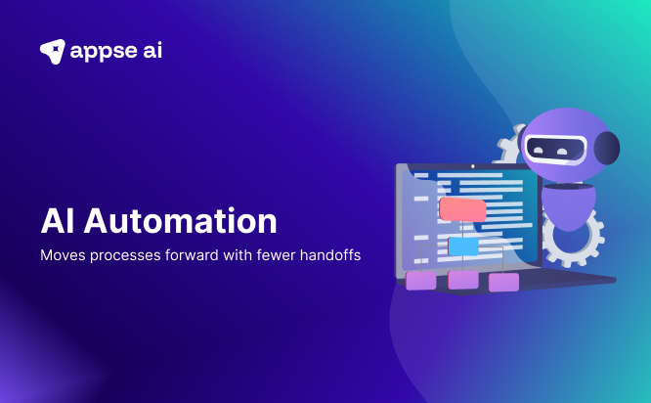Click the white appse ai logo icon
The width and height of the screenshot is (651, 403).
coord(53,51)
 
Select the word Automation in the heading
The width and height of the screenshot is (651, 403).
coord(181,220)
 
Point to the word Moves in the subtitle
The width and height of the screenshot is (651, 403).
coord(62,255)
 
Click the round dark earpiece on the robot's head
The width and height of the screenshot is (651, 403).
coord(607,148)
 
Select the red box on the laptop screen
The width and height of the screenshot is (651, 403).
coord(462,209)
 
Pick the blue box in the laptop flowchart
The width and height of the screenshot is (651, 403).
coord(462,246)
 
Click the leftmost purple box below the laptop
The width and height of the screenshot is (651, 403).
coord(421,281)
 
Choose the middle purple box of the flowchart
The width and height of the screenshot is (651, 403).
coord(463,281)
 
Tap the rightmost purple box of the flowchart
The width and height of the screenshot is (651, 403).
coord(503,282)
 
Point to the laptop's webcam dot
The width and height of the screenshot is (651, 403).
coord(472,166)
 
